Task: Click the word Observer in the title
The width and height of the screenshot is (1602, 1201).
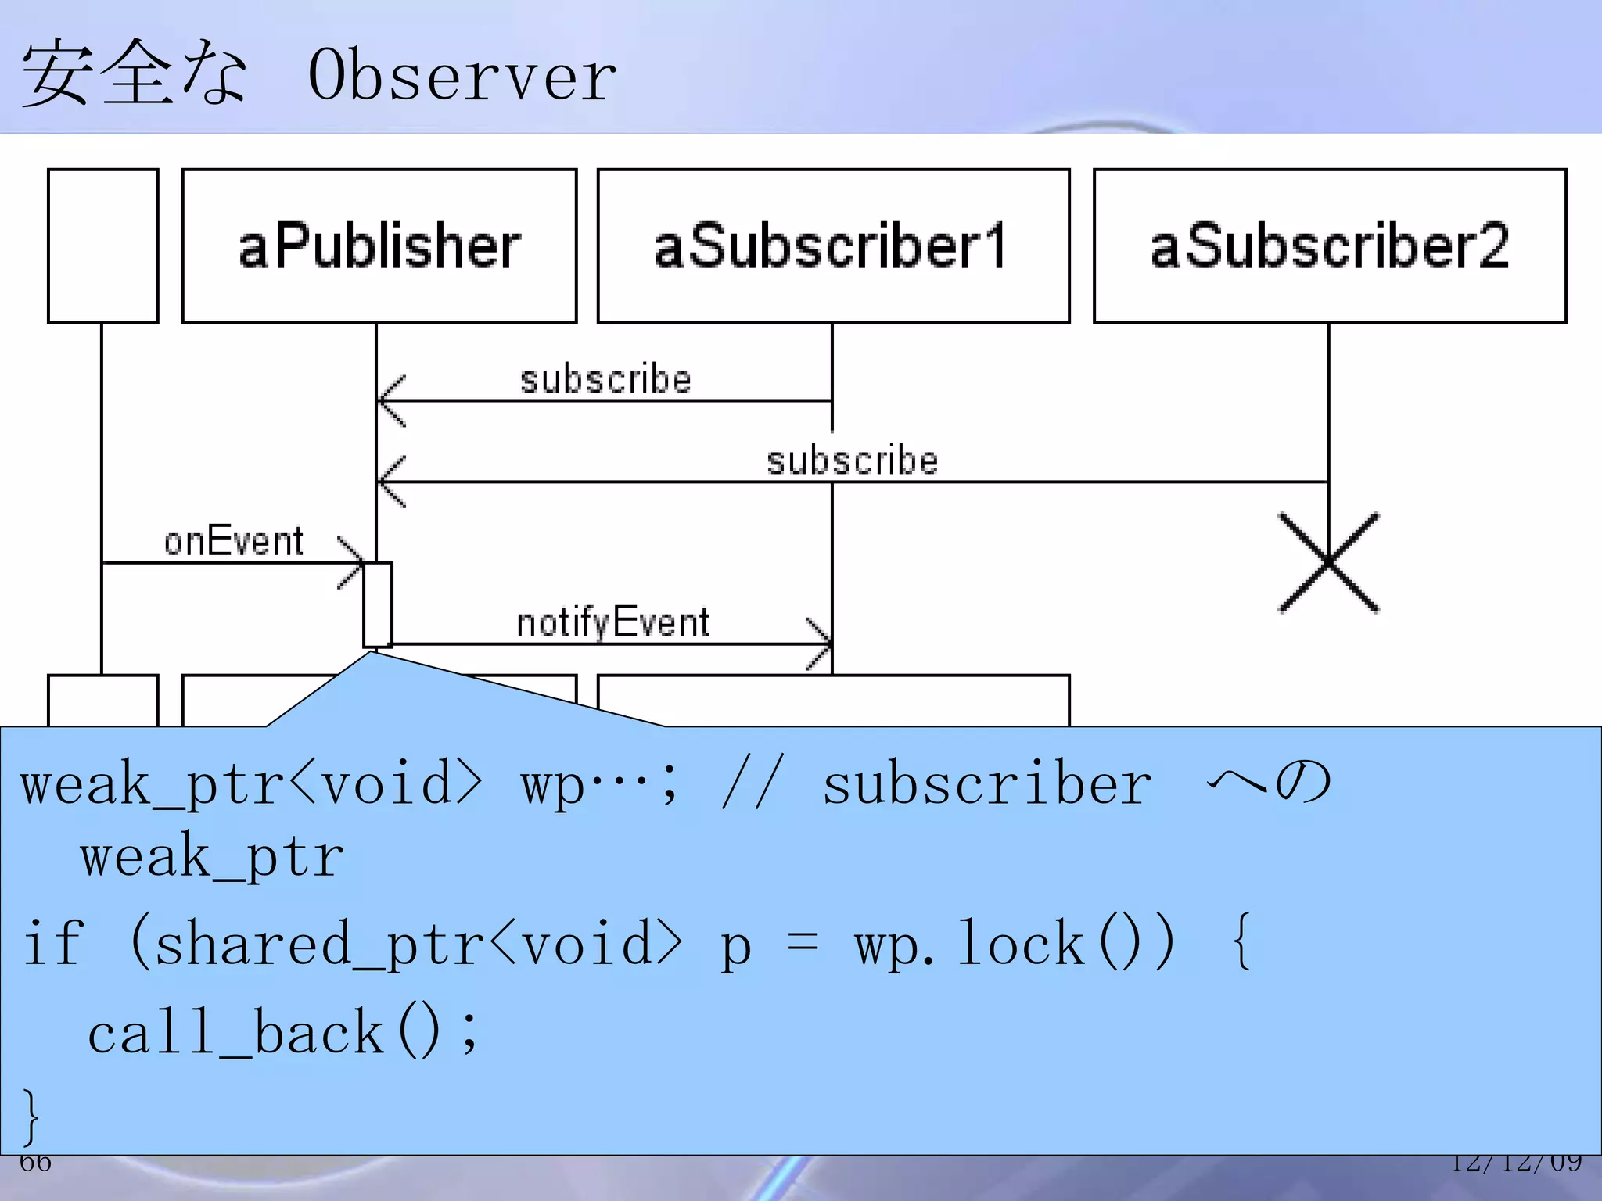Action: [462, 76]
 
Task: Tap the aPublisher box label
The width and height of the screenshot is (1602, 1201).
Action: [379, 246]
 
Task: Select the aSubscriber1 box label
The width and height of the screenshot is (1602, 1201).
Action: [831, 246]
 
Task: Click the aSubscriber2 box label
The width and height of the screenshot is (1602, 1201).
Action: [1329, 246]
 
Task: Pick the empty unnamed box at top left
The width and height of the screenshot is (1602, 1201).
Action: [102, 246]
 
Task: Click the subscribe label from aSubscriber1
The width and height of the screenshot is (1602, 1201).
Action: [605, 380]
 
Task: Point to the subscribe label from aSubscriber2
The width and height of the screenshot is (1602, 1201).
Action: [852, 461]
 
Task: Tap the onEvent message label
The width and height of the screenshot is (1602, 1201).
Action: [233, 541]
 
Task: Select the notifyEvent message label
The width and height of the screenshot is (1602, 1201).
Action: [612, 623]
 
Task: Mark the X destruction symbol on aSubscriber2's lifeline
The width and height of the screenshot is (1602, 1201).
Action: [1328, 562]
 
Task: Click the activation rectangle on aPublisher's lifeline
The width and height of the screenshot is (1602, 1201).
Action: [377, 604]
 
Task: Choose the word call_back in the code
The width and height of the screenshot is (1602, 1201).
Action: [235, 1033]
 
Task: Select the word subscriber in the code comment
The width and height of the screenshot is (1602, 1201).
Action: [986, 784]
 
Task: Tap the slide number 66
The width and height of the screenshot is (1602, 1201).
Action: [35, 1163]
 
